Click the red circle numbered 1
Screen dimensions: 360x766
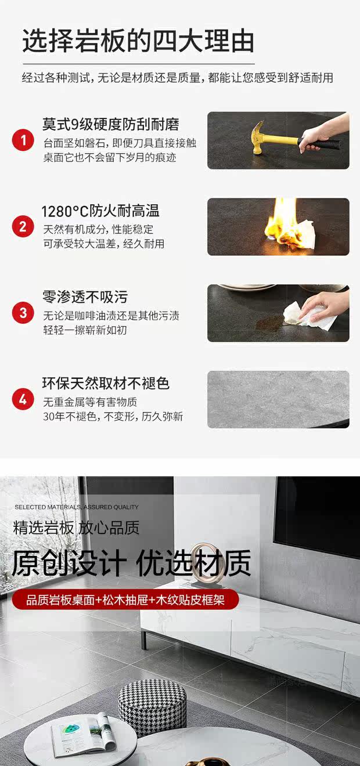[x=23, y=140]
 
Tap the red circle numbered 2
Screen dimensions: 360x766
[x=23, y=226]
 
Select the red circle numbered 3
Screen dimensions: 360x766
[x=23, y=313]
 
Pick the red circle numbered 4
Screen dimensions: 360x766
[x=23, y=399]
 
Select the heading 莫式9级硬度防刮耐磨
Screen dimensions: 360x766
[x=110, y=124]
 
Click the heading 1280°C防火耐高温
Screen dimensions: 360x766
[x=100, y=211]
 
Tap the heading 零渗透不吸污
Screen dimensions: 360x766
[x=85, y=297]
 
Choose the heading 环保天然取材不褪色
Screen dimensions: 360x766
[x=106, y=384]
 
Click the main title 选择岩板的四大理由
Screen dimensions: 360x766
[x=138, y=41]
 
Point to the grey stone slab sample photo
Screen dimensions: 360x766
[x=278, y=399]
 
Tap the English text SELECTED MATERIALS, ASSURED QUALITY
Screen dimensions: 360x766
[x=77, y=507]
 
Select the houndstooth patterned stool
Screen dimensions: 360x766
[x=153, y=707]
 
